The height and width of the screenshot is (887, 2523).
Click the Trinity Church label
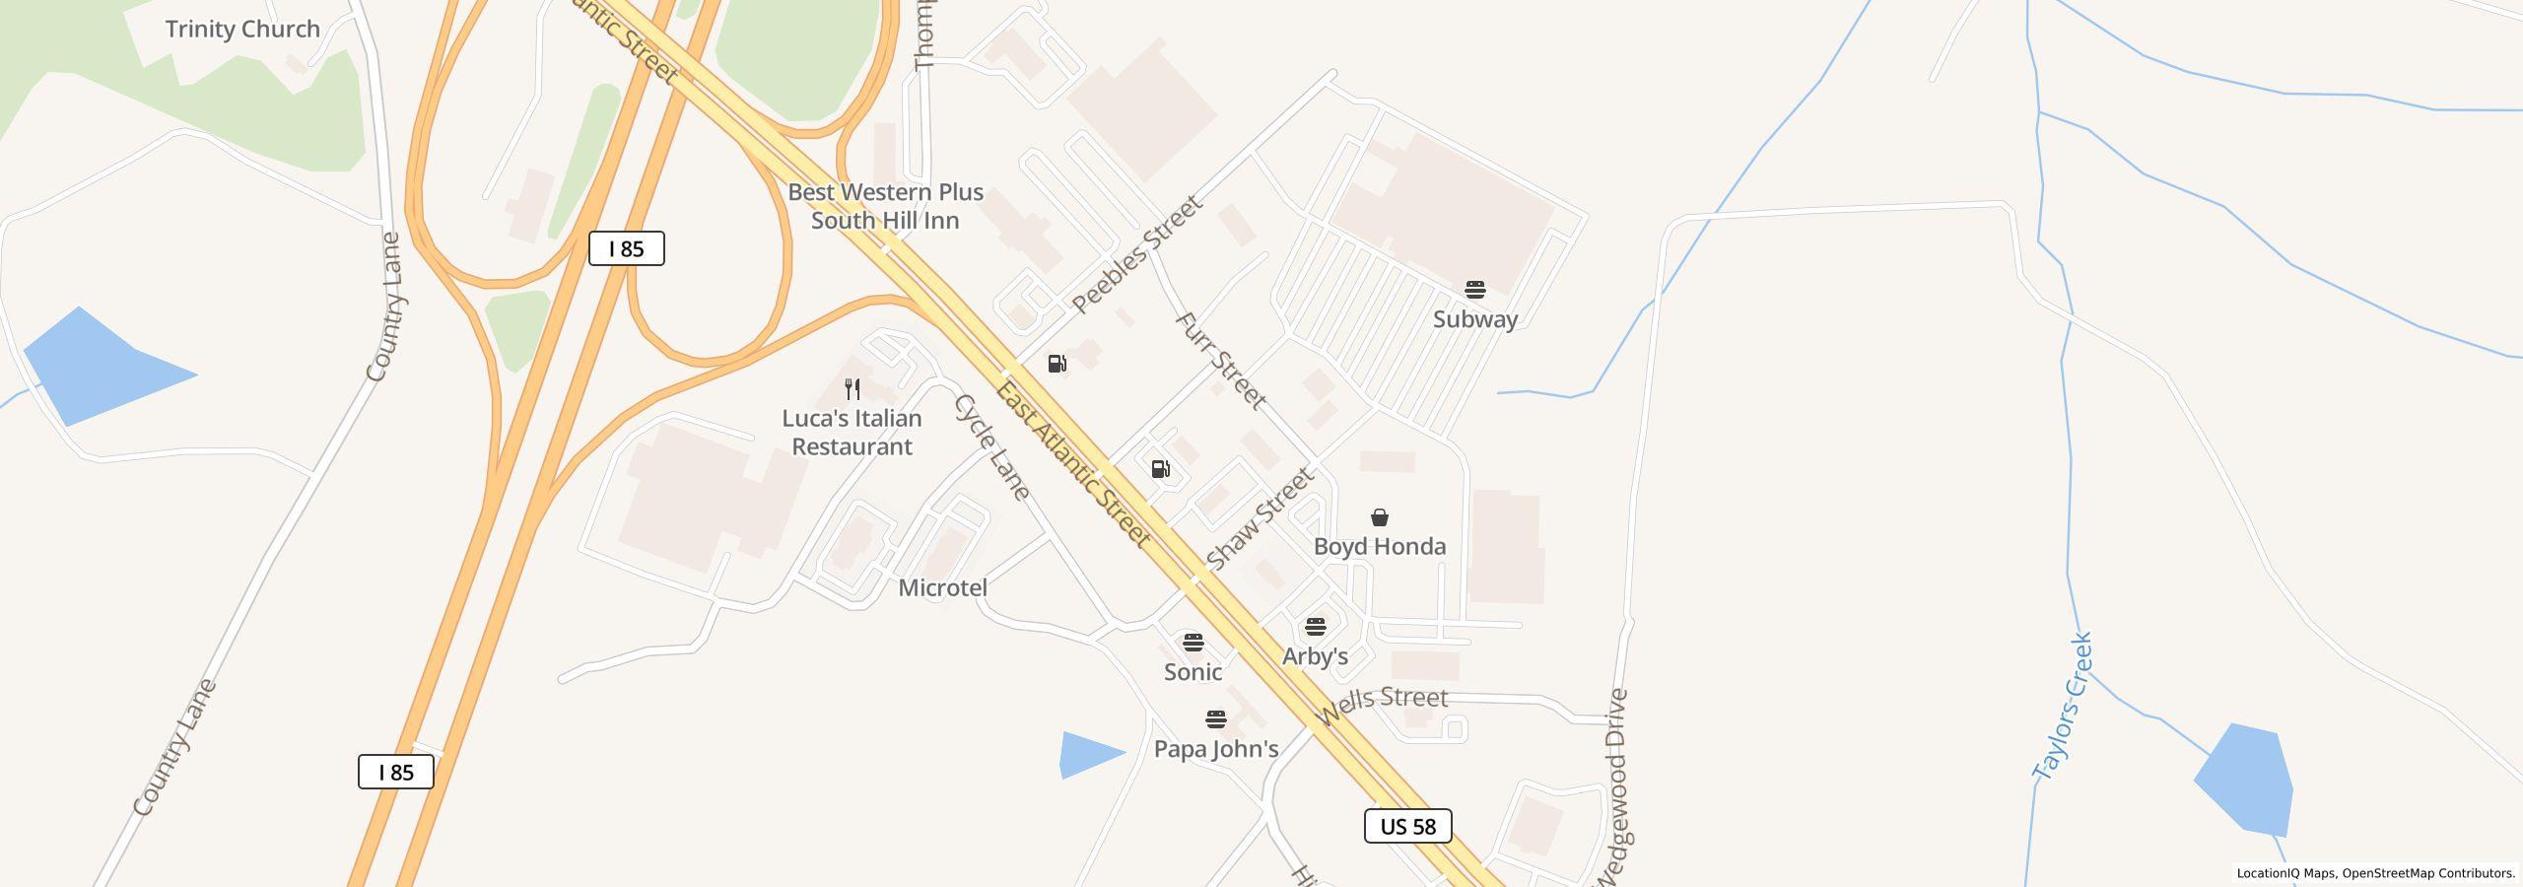[x=242, y=30]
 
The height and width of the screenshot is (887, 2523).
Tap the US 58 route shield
[x=1407, y=826]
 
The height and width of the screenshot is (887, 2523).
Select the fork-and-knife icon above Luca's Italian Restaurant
[x=852, y=389]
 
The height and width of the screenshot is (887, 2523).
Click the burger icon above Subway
[x=1474, y=290]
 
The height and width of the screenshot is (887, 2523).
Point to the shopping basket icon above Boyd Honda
[x=1380, y=517]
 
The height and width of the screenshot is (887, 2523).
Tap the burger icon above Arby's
[x=1315, y=627]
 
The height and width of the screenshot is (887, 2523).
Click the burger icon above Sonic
[x=1193, y=643]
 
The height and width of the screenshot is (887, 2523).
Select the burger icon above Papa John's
[x=1215, y=719]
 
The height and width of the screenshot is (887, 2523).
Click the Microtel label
[x=942, y=587]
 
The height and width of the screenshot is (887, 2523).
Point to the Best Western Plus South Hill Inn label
[x=885, y=206]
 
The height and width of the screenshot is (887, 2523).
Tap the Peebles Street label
[x=1137, y=254]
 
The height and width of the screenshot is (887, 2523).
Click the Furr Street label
[x=1220, y=361]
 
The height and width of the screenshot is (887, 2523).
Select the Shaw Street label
[x=1260, y=519]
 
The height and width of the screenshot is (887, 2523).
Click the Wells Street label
[x=1383, y=706]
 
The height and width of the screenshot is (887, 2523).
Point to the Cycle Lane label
[x=991, y=447]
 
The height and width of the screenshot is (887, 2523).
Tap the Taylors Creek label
[x=2064, y=706]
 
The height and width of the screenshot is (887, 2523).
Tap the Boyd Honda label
[x=1380, y=546]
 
